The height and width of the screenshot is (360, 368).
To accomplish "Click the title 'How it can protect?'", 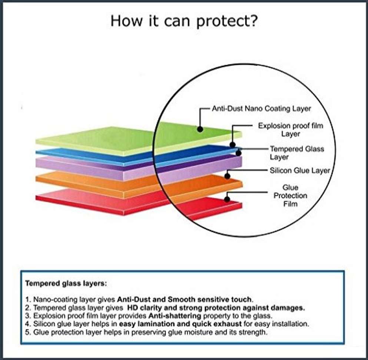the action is click(184, 21).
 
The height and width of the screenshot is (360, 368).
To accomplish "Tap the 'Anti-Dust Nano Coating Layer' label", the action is click(261, 109).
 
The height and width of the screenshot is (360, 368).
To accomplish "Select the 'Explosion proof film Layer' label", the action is click(291, 130).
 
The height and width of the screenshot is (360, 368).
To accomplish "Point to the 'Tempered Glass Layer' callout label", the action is click(297, 153).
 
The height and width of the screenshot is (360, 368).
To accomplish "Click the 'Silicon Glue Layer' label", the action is click(300, 171).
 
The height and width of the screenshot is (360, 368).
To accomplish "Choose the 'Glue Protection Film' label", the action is click(290, 196).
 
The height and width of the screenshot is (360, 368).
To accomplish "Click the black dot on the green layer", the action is click(200, 129).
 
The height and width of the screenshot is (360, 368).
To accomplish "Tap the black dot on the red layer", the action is click(227, 199).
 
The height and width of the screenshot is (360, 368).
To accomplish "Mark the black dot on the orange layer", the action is click(227, 176).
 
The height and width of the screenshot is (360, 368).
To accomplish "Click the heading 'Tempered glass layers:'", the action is click(66, 284).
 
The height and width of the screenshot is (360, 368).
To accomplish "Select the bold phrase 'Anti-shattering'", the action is click(175, 316).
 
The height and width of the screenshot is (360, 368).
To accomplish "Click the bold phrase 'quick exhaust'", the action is click(217, 324).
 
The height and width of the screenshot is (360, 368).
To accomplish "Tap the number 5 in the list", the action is click(28, 333).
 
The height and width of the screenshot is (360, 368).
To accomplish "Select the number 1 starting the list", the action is click(28, 300).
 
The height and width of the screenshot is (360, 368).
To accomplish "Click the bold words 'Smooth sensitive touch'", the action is click(210, 300).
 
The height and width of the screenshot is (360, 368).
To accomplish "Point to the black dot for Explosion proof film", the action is click(232, 145).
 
